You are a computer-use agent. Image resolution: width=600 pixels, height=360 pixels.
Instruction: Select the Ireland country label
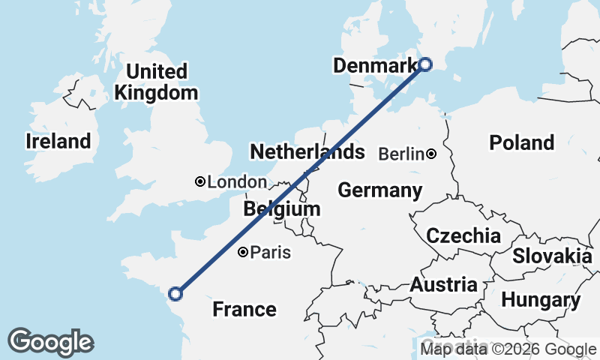point(58,141)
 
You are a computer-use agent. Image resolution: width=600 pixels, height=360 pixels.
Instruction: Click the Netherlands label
point(307,152)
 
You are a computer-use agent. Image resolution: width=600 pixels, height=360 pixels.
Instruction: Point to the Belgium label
point(282,209)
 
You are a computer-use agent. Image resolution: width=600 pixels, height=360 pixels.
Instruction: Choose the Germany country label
point(379,190)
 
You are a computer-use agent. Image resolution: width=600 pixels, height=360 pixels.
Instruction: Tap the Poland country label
point(521,142)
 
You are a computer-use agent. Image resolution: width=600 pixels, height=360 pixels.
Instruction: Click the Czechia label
point(463,235)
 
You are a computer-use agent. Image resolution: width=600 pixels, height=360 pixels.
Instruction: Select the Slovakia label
point(552,256)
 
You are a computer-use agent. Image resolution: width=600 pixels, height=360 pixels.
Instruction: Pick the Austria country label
point(443,285)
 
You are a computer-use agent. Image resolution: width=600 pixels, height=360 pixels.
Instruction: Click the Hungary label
point(540,301)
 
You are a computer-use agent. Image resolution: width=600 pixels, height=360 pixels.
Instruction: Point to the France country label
point(244,309)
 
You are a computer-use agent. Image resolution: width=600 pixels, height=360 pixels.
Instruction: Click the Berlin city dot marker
point(431,154)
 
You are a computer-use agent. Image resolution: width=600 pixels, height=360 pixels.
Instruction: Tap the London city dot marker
point(200,181)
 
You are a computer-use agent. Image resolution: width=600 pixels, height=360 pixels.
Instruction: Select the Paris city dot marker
point(243,253)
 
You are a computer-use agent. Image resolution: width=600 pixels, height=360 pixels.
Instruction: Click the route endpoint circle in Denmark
point(424,64)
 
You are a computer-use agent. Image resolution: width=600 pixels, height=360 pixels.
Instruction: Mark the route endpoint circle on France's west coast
point(176,294)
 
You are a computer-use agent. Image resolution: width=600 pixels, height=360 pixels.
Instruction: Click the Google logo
point(50,342)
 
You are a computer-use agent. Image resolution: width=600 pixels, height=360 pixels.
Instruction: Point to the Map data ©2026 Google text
point(508,349)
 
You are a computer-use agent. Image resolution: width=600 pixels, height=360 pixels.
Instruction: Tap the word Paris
point(270,253)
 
